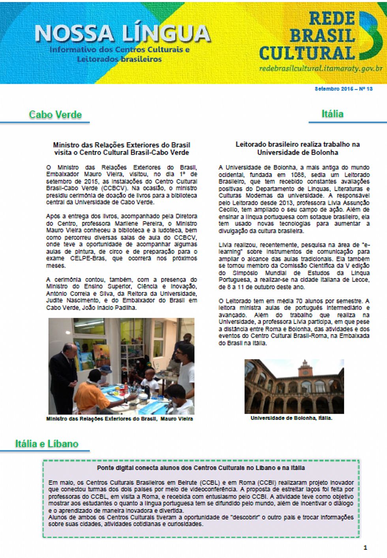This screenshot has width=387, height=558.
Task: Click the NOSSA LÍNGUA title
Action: [122, 34]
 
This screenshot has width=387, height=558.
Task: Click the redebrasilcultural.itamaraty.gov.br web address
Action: [321, 68]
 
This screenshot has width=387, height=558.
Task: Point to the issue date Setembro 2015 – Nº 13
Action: [344, 89]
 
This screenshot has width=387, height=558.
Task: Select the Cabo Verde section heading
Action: [55, 115]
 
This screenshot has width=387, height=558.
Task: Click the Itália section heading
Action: [332, 114]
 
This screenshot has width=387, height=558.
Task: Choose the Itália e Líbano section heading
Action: [47, 444]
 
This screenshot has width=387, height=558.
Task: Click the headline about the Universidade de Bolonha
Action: [297, 148]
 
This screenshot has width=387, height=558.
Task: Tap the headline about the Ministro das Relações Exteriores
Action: [122, 149]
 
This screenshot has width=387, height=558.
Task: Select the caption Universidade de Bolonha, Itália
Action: [291, 418]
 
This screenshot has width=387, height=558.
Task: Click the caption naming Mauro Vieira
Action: [119, 419]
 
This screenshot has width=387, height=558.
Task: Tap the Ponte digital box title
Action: [201, 468]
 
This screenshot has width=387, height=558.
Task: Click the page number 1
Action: [365, 547]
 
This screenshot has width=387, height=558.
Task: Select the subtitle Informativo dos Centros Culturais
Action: [119, 54]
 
